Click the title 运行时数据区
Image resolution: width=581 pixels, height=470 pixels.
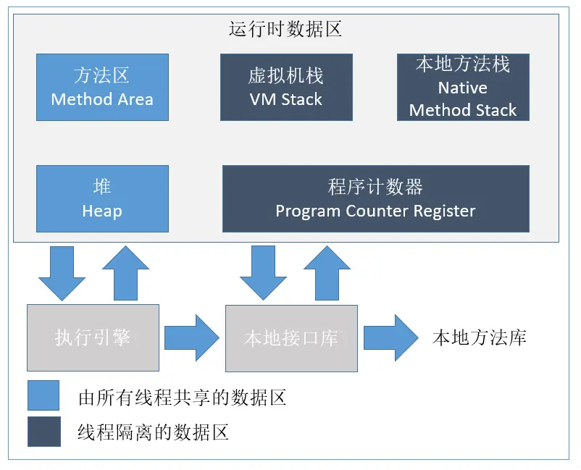click(285, 29)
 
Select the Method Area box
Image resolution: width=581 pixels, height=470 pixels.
click(102, 87)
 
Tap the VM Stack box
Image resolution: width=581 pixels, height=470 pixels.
click(286, 87)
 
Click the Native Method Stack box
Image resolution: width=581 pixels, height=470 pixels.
click(463, 87)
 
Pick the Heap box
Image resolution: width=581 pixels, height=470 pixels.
click(102, 198)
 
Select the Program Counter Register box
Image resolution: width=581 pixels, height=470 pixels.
click(376, 198)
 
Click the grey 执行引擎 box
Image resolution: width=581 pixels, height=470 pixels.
click(93, 337)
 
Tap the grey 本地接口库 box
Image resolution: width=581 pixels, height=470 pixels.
click(292, 338)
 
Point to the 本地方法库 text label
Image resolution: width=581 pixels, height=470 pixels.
click(480, 337)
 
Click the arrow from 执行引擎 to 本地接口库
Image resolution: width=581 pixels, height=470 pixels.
click(192, 337)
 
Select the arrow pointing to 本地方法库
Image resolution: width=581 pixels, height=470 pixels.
click(391, 337)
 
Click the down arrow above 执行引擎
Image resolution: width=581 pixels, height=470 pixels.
click(62, 273)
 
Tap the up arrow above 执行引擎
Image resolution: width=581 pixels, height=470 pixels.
click(125, 273)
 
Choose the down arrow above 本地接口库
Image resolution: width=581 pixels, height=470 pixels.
click(264, 273)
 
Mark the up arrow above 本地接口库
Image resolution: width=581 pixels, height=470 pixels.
click(327, 273)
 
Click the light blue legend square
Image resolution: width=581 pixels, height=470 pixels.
click(43, 395)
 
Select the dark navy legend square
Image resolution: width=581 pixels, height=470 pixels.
click(44, 432)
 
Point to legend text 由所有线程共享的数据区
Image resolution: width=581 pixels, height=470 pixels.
click(183, 398)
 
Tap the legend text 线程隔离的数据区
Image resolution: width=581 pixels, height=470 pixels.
click(153, 432)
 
